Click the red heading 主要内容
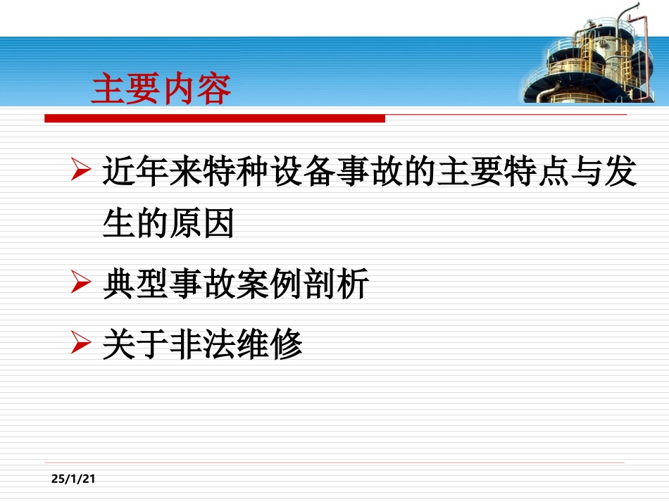pos(161,90)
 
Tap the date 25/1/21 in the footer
pos(73,479)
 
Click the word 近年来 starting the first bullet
pos(152,172)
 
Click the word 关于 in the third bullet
pos(135,345)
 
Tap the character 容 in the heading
pos(214,90)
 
